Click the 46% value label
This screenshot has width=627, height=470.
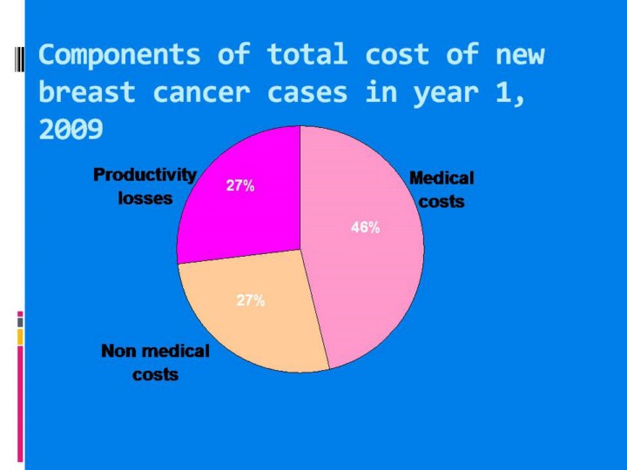[365, 227]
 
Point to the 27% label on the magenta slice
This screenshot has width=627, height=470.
[240, 185]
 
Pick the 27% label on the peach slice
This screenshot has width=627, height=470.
[251, 300]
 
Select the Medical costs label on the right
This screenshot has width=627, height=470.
[442, 189]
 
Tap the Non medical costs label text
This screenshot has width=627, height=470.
[155, 362]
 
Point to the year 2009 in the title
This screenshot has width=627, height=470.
[71, 130]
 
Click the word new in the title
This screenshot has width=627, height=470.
[520, 55]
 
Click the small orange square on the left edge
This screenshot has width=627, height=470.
[20, 336]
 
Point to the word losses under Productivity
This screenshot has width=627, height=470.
[145, 198]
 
